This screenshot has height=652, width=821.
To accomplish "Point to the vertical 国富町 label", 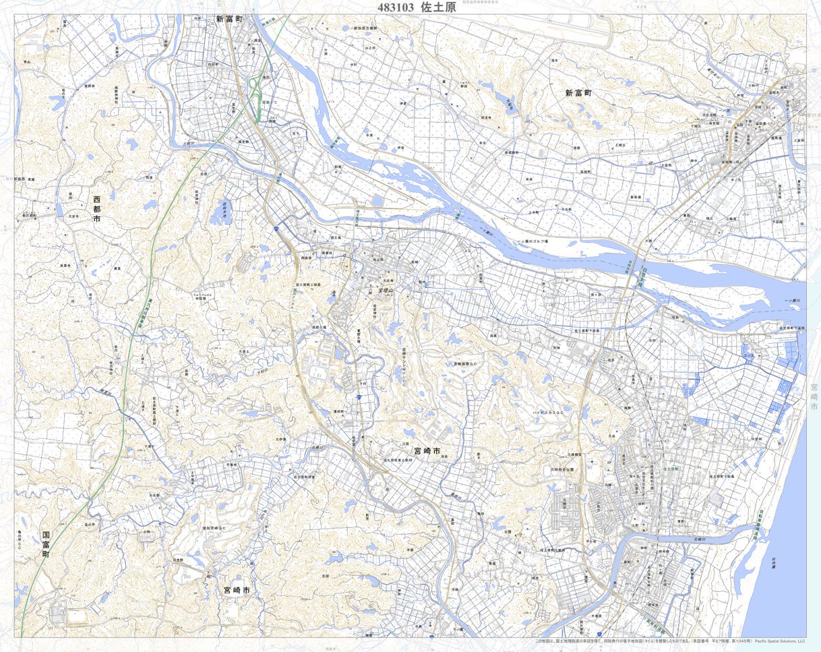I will pyautogui.click(x=45, y=543).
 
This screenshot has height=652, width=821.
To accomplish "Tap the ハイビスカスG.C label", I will pyautogui.click(x=548, y=410).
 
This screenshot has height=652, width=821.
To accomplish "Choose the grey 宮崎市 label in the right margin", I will pyautogui.click(x=814, y=398).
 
